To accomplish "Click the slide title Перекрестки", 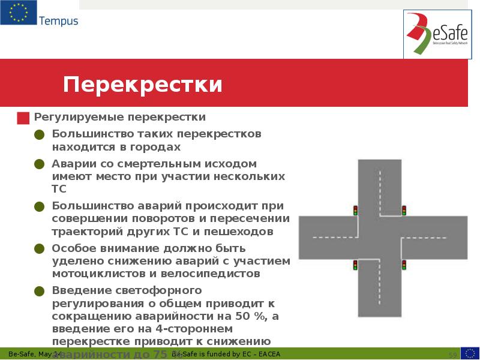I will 143,85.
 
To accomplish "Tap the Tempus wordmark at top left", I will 58,22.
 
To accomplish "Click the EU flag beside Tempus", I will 18,13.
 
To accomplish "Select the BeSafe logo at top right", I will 437,35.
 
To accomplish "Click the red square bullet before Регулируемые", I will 23,118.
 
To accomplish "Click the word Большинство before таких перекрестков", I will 88,134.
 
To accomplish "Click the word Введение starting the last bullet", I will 78,290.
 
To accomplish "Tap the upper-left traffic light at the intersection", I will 355,210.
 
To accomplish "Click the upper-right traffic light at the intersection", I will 404,210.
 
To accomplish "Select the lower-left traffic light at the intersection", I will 355,265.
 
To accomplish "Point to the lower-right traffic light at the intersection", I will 404,265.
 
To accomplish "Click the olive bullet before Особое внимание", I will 39,248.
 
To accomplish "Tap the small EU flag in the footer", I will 469,353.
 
